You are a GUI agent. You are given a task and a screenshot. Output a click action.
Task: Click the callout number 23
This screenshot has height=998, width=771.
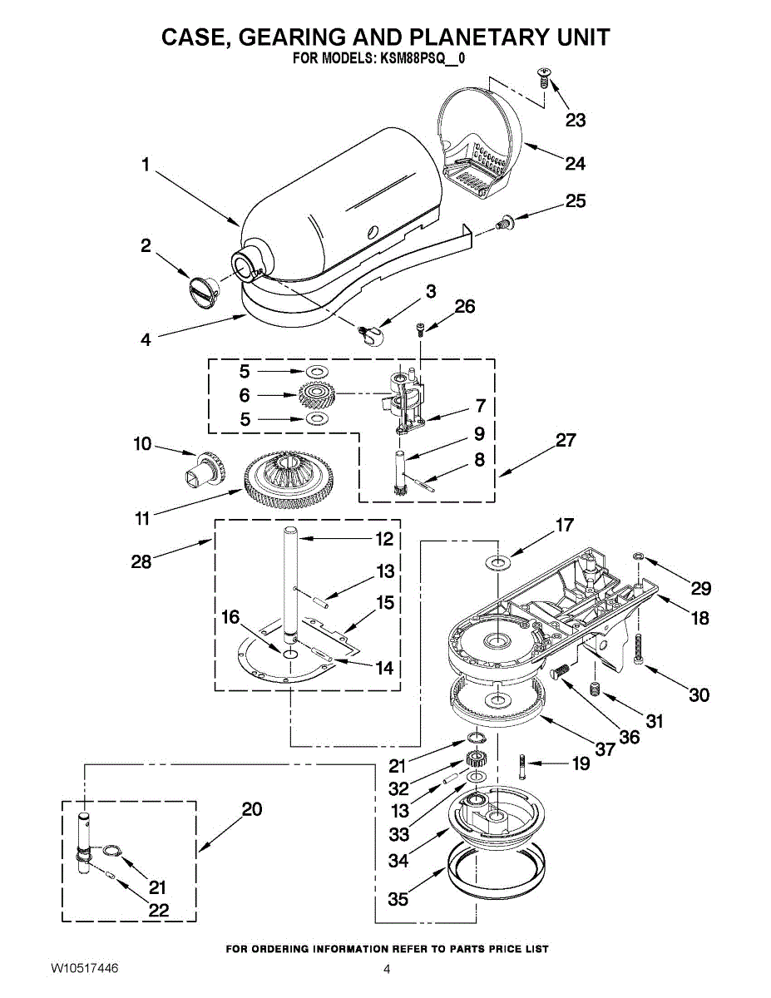tap(576, 121)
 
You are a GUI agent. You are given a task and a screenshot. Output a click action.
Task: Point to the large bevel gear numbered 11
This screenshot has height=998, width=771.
tap(288, 480)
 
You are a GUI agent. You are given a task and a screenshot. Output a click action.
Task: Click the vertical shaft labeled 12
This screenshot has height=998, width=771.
tap(289, 582)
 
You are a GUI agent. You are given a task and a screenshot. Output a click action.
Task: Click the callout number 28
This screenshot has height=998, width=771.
tap(141, 562)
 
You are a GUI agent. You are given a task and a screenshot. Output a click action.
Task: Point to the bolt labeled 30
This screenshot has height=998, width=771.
tap(639, 649)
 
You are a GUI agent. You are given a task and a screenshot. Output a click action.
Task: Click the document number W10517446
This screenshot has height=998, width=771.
tap(84, 969)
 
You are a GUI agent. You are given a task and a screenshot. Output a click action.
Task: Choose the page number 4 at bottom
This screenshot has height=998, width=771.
tap(387, 969)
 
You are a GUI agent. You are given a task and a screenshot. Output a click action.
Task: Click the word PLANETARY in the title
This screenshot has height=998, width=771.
tap(472, 37)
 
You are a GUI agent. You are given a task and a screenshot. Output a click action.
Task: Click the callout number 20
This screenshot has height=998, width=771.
tap(251, 808)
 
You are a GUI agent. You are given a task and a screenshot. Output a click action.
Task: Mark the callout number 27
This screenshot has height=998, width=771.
tap(566, 441)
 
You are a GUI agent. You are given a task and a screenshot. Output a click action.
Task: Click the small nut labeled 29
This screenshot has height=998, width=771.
tap(638, 555)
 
